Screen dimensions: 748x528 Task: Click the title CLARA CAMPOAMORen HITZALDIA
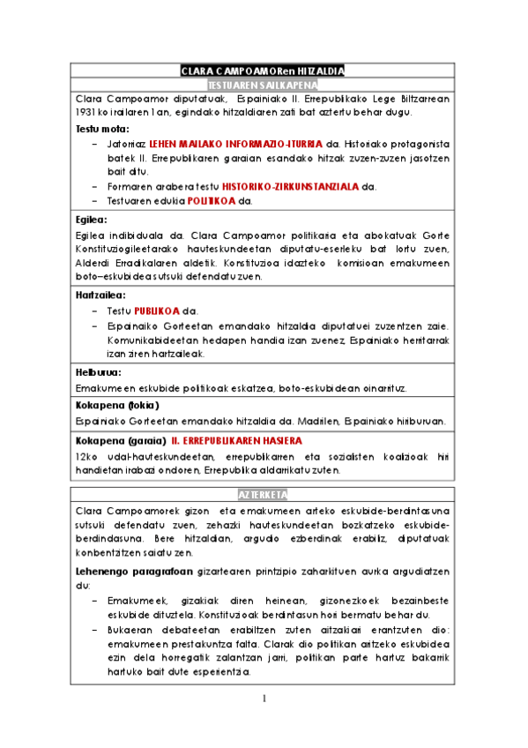(262, 71)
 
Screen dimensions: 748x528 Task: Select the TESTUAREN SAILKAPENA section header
(262, 85)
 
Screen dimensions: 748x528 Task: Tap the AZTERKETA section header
(262, 495)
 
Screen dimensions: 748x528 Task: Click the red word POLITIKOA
(212, 200)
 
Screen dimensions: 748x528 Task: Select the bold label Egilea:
(92, 220)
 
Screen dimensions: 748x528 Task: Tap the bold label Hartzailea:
(100, 295)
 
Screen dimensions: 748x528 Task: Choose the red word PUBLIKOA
(158, 310)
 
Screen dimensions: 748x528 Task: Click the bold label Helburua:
(98, 372)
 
